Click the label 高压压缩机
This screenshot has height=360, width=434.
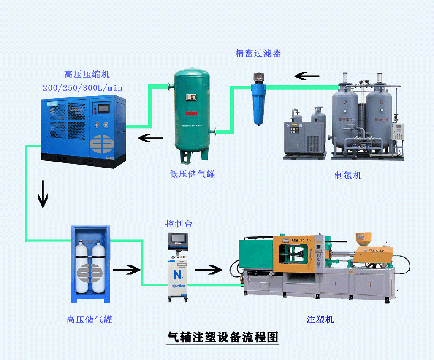87,75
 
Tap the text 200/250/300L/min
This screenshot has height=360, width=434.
83,88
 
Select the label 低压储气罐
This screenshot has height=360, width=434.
193,174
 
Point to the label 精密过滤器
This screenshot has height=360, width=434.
258,53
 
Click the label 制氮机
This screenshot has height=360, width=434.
348,175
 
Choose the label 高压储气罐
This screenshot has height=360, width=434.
90,319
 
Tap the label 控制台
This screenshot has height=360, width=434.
179,224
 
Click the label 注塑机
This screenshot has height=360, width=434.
320,319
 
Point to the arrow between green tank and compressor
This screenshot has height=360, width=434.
151,138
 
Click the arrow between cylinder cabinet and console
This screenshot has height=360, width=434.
127,269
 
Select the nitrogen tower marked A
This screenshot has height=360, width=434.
345,114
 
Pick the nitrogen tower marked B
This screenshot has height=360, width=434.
379,114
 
